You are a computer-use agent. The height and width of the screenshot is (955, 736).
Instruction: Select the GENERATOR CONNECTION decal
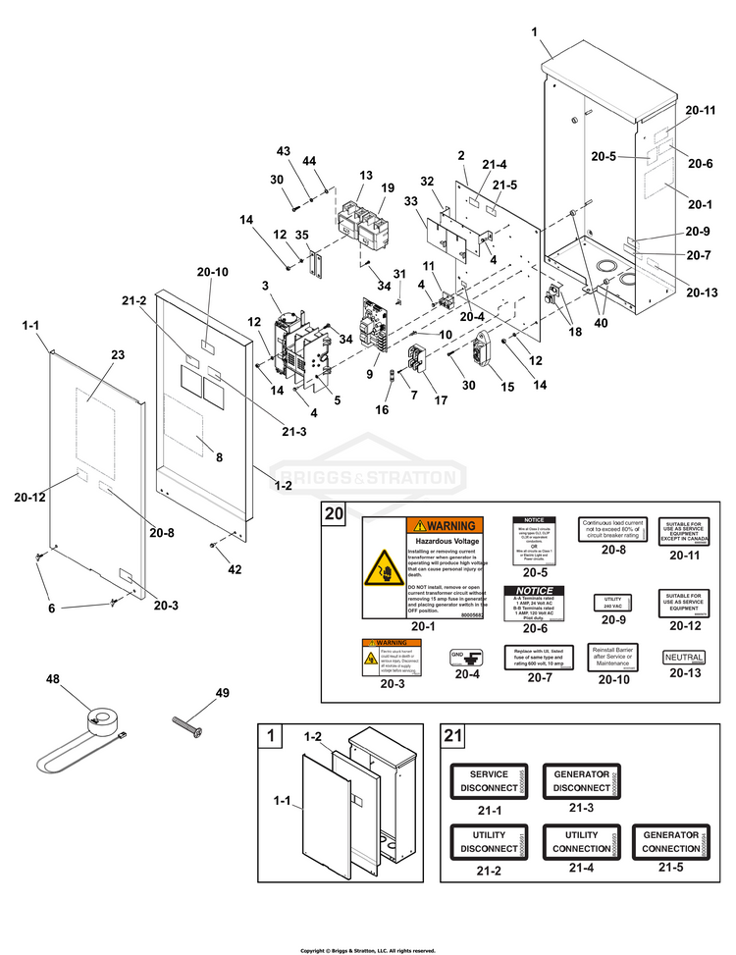(671, 841)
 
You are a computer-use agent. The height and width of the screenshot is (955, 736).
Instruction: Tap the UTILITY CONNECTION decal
(582, 841)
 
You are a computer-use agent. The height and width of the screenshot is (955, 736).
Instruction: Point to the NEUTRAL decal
(683, 656)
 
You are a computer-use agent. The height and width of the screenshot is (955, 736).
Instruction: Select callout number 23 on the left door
(118, 355)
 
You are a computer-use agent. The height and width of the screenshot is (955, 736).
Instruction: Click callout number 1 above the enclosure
(535, 32)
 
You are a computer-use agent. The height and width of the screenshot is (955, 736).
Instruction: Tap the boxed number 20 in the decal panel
(335, 514)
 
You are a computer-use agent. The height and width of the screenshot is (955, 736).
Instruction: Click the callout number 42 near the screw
(235, 569)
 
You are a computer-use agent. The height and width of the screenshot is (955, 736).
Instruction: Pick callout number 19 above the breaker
(388, 188)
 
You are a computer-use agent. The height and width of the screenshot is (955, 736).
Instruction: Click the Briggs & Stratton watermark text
(368, 479)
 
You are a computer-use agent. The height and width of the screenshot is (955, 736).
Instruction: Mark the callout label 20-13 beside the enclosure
(703, 292)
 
